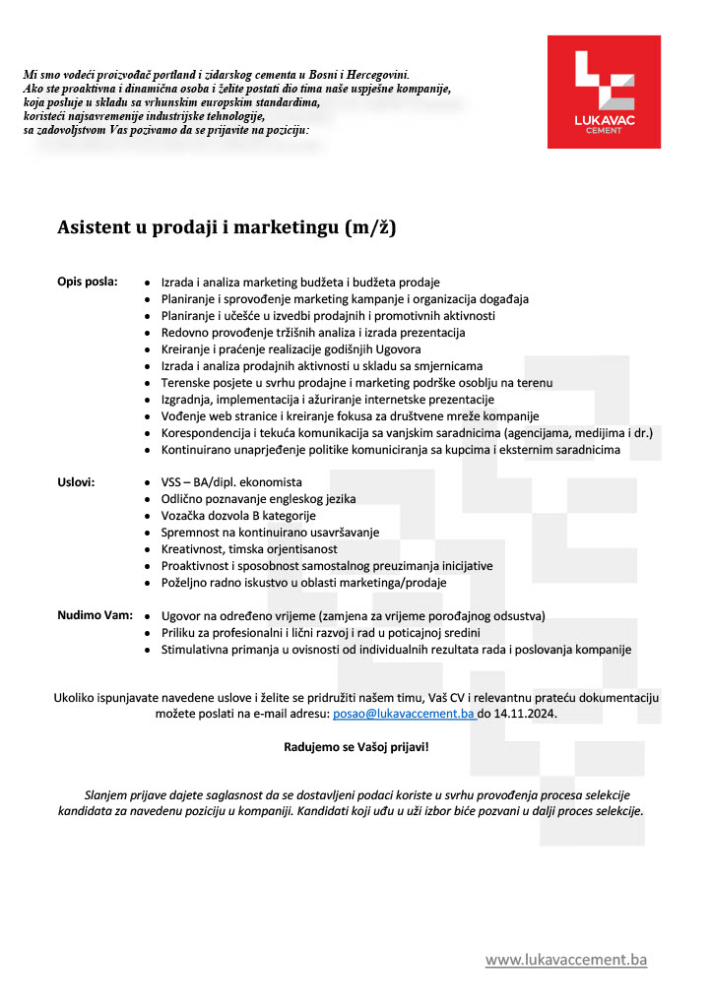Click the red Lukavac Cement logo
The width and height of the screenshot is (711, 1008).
(x=604, y=92)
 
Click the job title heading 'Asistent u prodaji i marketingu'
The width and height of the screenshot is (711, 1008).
(x=226, y=228)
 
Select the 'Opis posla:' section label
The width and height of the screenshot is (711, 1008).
(x=87, y=282)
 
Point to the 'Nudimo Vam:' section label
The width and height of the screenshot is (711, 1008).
(x=93, y=615)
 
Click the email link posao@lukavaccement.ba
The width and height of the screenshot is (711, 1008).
(x=404, y=714)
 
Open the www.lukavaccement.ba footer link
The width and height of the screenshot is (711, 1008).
(x=565, y=959)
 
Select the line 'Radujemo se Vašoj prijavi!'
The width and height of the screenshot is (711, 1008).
(x=356, y=747)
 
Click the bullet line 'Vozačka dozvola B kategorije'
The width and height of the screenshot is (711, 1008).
(x=238, y=516)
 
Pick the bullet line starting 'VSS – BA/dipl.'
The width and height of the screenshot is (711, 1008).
(x=231, y=482)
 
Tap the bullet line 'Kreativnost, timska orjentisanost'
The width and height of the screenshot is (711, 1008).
(x=249, y=549)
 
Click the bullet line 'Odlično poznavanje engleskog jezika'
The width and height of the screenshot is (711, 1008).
(x=258, y=499)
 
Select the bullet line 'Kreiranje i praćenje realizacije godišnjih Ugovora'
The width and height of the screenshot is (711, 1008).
(x=291, y=349)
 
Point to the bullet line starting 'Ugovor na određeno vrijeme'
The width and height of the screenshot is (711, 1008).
(x=353, y=616)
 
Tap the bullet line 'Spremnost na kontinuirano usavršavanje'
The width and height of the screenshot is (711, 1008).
(x=270, y=533)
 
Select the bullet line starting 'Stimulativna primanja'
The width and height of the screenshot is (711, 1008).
(x=396, y=650)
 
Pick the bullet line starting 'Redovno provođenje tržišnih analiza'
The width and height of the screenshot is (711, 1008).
(x=313, y=333)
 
